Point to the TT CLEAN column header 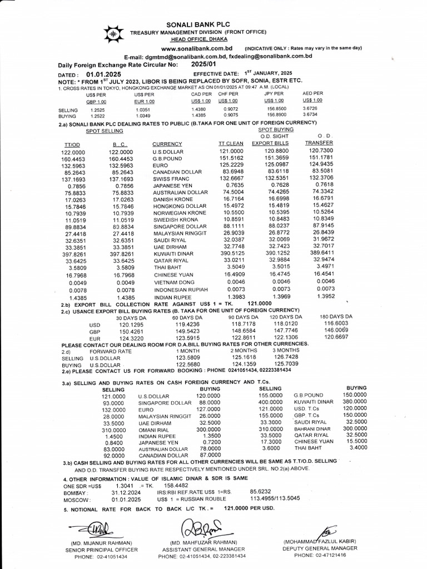pyautogui.click(x=231, y=143)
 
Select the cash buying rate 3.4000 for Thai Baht pyautogui.click(x=356, y=447)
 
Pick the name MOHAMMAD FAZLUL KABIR pyautogui.click(x=320, y=541)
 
